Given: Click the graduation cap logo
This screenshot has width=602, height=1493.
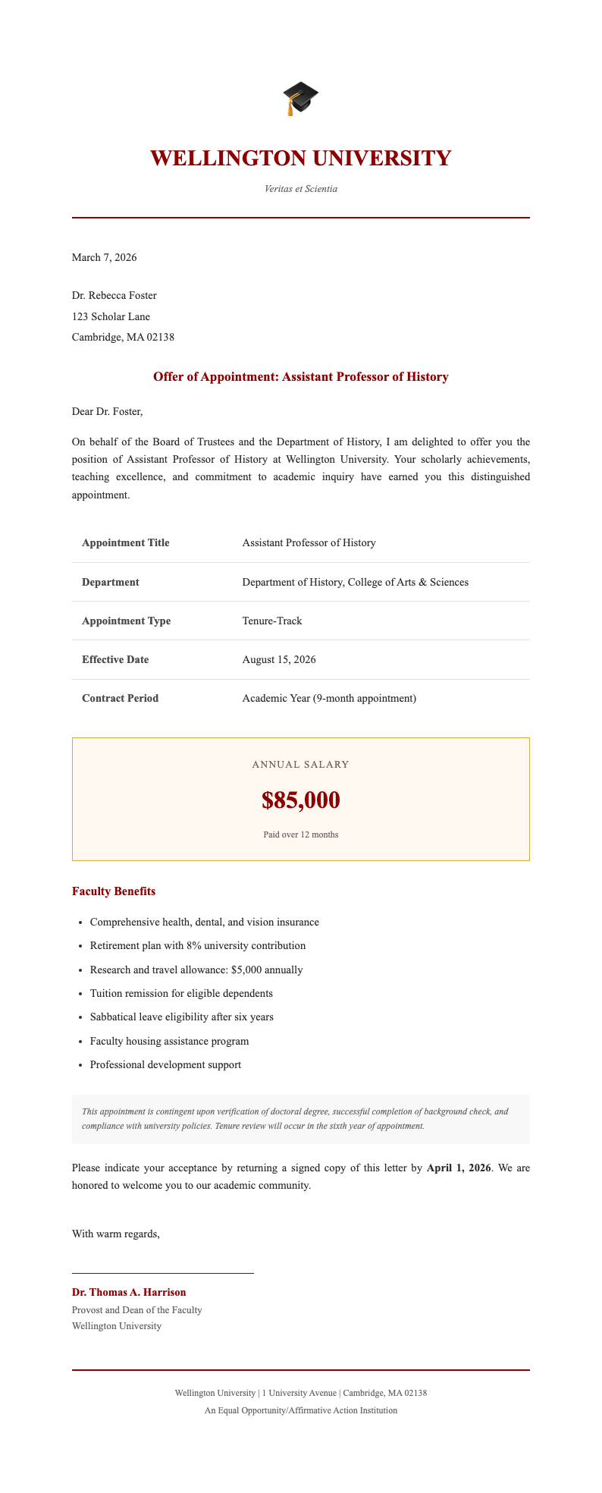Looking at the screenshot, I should point(300,99).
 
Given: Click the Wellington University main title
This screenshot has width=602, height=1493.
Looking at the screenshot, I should point(300,159).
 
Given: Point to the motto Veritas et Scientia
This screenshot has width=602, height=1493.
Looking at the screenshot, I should point(300,189).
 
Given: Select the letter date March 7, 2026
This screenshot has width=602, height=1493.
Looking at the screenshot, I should point(104,257).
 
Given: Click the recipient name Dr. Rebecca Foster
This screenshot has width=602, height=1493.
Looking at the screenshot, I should point(114,295).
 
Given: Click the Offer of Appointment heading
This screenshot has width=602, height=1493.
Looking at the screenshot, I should point(300,377).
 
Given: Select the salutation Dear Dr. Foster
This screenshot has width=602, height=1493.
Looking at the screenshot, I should point(107,412).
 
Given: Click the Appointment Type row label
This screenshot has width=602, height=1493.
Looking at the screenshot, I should point(126,621).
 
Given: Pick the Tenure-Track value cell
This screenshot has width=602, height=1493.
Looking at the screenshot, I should point(272,621).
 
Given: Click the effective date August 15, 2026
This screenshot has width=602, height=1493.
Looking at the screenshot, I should point(279,659).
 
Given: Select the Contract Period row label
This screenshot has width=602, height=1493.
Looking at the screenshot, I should point(120,698).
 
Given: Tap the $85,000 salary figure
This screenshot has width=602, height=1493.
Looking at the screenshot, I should point(300,800).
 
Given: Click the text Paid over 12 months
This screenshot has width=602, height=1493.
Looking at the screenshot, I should point(300,835).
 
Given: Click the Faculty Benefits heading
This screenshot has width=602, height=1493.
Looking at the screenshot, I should point(114,891).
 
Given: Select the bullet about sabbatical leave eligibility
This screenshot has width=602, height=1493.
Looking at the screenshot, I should point(181,1017).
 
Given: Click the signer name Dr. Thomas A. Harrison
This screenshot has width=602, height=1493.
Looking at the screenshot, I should point(129,1292).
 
